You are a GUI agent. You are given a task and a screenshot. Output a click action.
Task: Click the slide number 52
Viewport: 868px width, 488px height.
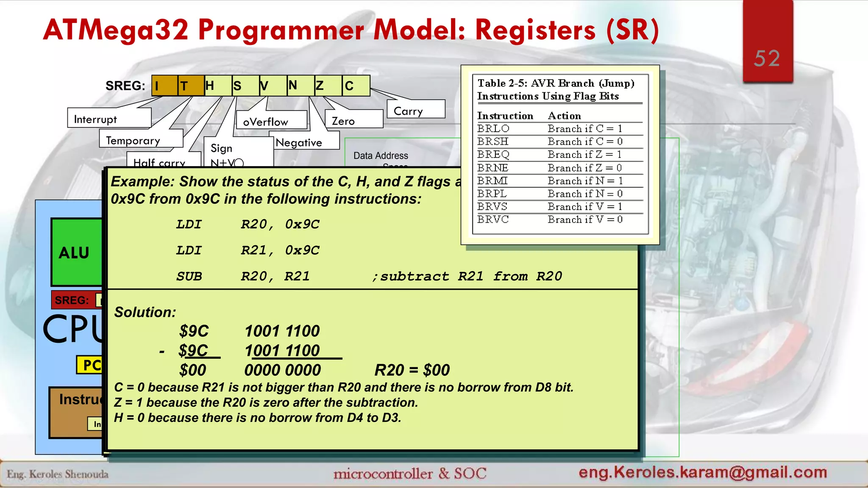coord(767,58)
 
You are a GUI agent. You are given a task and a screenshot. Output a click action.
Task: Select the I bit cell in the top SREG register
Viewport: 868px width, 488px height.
coord(164,86)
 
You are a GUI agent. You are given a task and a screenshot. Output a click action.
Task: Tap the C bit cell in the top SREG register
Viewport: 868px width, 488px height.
coord(356,86)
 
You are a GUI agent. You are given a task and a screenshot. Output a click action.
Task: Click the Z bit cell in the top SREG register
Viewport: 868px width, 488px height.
coord(328,86)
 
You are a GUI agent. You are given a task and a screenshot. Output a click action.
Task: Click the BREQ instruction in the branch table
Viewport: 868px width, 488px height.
coord(493,155)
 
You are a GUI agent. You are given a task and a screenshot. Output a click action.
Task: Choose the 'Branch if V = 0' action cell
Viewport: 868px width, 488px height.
coord(585,219)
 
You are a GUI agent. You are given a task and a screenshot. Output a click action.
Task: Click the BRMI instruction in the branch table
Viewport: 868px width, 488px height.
coord(492,181)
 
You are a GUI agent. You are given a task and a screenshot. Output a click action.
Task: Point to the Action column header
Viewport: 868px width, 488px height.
coord(564,116)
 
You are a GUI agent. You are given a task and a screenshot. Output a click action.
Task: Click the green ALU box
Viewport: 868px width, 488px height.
coord(76,252)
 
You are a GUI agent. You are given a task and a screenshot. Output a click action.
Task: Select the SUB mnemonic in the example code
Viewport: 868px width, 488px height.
coord(189,276)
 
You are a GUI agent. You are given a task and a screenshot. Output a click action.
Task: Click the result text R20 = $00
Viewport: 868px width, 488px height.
coord(412,370)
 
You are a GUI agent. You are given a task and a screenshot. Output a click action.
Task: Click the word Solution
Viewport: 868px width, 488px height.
coord(145,312)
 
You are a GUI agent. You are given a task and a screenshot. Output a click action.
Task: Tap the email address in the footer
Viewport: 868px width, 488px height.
coord(703,472)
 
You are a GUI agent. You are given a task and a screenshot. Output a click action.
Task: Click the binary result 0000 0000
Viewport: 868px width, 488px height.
coord(283,370)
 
